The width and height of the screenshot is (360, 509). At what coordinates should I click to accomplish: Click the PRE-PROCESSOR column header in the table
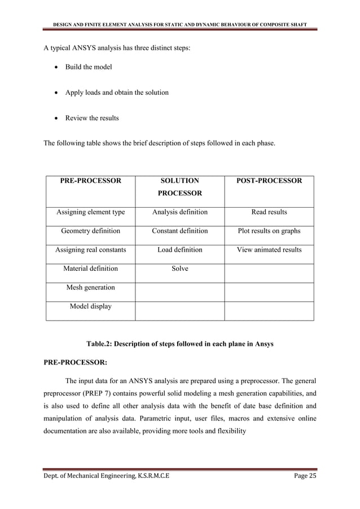[90, 181]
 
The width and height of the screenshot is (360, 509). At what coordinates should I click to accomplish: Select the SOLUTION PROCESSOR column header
[180, 187]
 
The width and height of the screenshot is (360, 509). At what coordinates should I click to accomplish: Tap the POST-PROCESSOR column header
[269, 181]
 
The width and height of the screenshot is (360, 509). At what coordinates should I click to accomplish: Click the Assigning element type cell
[90, 212]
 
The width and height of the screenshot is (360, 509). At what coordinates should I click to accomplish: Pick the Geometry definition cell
[90, 231]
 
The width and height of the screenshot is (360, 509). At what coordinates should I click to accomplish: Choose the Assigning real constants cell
[90, 250]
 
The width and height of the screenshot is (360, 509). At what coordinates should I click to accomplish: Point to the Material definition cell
[90, 269]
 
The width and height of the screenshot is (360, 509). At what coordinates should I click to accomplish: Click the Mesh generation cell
[90, 287]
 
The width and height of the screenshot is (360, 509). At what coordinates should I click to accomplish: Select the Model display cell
[90, 306]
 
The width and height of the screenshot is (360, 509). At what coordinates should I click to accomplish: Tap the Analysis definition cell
[180, 212]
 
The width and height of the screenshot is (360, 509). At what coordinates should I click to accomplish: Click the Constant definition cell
[180, 231]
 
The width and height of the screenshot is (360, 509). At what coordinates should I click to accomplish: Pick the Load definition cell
[180, 250]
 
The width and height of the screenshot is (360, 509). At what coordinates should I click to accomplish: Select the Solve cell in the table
[180, 269]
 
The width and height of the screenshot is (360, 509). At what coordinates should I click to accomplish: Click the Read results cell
[269, 212]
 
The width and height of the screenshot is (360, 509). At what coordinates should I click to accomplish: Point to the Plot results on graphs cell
[269, 231]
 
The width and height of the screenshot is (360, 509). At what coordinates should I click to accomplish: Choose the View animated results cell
[269, 250]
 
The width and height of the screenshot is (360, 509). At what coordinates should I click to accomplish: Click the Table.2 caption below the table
[179, 343]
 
